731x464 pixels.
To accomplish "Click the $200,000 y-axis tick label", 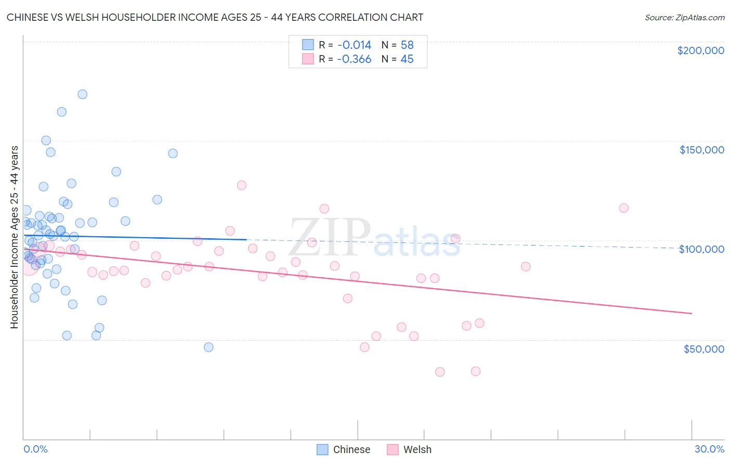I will point(700,50).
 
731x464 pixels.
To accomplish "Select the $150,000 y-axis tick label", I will point(701,150).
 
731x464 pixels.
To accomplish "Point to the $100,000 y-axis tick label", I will point(701,249).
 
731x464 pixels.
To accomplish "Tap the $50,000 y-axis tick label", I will point(703,349).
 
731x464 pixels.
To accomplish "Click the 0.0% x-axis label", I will point(35,449).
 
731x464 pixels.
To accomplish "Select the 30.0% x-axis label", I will point(709,449).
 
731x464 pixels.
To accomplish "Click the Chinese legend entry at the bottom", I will point(344,449).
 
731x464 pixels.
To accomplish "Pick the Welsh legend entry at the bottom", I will point(409,449).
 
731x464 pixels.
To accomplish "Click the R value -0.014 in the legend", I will point(354,45).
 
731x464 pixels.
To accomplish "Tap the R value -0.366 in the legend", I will point(354,59).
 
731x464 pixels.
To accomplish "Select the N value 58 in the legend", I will point(407,45).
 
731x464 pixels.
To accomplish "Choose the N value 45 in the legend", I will point(407,59).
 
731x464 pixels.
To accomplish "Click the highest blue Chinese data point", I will point(82,94).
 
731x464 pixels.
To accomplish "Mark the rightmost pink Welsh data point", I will point(624,208).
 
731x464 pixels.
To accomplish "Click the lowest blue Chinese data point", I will point(208,347).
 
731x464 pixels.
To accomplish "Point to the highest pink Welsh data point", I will point(241,185).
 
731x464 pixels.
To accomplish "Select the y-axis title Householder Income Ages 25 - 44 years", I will point(14,237).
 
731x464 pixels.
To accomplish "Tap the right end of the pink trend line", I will point(691,313).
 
